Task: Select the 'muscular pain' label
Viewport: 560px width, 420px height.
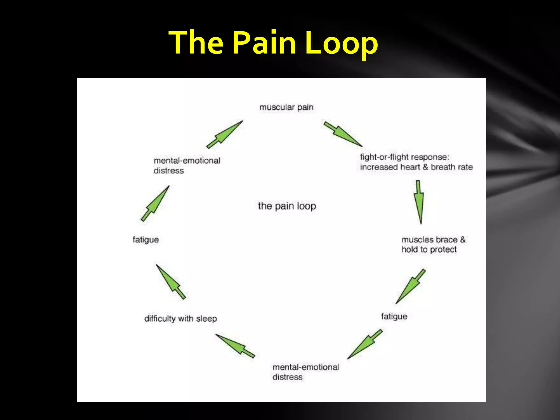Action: pyautogui.click(x=286, y=107)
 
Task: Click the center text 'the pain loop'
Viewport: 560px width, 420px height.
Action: pyautogui.click(x=287, y=206)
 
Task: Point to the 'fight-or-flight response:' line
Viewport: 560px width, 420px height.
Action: pyautogui.click(x=404, y=157)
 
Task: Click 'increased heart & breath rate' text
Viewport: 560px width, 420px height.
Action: pyautogui.click(x=416, y=167)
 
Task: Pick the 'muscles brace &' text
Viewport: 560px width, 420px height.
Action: pyautogui.click(x=433, y=240)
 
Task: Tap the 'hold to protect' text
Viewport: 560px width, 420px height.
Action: pyautogui.click(x=429, y=249)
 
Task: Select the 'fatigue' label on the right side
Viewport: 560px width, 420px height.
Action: pyautogui.click(x=394, y=316)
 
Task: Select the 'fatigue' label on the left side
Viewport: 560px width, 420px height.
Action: pyautogui.click(x=145, y=240)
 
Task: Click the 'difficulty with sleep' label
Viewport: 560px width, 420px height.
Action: pyautogui.click(x=180, y=319)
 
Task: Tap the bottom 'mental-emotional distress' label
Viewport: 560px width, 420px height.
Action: pyautogui.click(x=305, y=372)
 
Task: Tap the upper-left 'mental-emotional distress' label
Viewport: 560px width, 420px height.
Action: pyautogui.click(x=187, y=165)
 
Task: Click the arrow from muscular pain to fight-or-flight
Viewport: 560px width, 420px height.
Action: pyautogui.click(x=343, y=134)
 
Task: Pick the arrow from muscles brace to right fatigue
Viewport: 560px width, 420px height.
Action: pyautogui.click(x=410, y=286)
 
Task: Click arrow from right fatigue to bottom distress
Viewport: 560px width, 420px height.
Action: pyautogui.click(x=365, y=344)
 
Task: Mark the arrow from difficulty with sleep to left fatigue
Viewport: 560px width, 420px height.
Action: pyautogui.click(x=171, y=282)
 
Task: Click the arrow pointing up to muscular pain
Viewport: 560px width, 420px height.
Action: pyautogui.click(x=225, y=134)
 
